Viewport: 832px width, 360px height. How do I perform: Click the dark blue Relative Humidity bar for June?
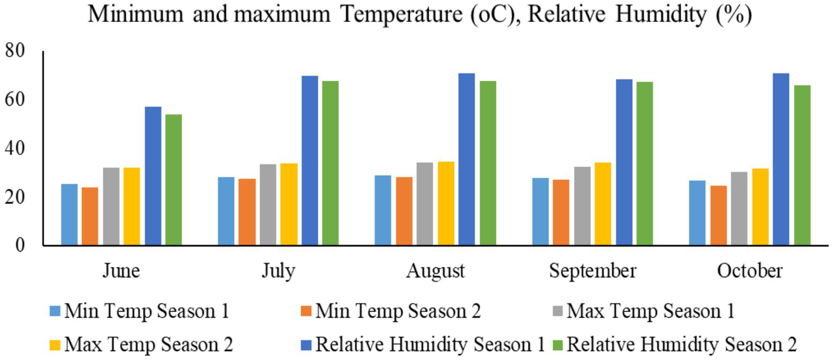(153, 176)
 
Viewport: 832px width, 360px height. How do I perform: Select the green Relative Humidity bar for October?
(802, 165)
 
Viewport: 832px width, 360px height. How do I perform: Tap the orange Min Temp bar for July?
(247, 211)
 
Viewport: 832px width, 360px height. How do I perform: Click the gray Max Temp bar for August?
(425, 203)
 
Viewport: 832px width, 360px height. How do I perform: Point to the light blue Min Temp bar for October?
(697, 213)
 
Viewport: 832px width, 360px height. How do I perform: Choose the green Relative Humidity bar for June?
(173, 179)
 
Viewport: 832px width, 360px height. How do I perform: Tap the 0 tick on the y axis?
(21, 245)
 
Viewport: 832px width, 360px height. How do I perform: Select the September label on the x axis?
(592, 271)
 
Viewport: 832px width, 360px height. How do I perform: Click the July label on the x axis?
(278, 271)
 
